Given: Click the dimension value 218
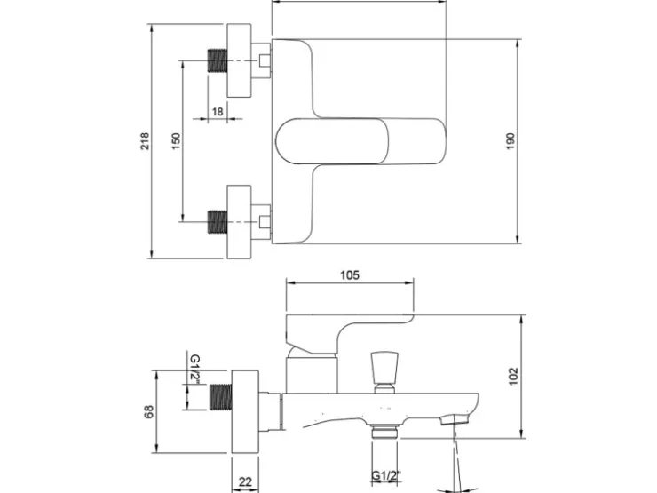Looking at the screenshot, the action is [144, 141].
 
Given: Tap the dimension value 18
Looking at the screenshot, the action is [218, 112].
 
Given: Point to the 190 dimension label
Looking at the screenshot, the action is [510, 141].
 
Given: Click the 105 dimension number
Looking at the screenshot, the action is [350, 275].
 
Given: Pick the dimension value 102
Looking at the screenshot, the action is [514, 376].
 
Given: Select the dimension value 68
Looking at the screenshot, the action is [149, 411].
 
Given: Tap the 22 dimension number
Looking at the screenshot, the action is [245, 481].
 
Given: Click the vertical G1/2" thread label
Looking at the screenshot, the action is [195, 370].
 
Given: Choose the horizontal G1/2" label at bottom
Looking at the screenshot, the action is [386, 476].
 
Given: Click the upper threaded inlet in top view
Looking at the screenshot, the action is [218, 60].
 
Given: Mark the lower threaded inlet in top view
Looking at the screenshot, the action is [218, 222].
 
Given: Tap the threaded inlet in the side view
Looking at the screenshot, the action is [221, 397].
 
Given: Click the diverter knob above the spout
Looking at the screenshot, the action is [384, 372].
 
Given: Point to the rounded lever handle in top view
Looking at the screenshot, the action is [332, 141].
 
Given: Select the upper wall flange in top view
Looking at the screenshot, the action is [239, 60].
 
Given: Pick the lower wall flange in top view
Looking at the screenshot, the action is [239, 222].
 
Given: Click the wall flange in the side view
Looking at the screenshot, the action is [245, 411].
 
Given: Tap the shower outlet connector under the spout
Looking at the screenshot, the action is [384, 432].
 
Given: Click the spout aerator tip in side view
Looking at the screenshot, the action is [455, 418].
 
